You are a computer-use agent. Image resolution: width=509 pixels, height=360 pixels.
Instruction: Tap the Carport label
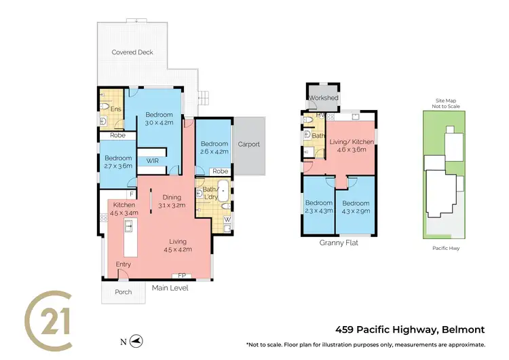(248, 144)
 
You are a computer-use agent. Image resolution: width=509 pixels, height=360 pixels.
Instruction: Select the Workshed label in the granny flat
(323, 98)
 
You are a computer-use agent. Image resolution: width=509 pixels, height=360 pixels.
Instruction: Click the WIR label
(153, 161)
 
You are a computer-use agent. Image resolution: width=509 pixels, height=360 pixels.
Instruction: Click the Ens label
(116, 109)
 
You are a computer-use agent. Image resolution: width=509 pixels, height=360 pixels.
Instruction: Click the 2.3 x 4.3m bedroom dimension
(318, 211)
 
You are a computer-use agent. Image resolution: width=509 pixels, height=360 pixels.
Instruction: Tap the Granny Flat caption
(339, 242)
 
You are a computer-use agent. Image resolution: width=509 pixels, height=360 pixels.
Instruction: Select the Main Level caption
(170, 288)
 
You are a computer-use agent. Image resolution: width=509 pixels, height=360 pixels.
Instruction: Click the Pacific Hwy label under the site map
(446, 249)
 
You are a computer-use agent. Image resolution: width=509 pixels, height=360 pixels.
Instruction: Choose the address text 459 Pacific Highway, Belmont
(410, 330)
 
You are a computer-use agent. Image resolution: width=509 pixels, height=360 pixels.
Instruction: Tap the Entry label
(123, 264)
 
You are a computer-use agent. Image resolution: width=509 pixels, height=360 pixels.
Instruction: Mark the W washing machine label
(226, 219)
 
